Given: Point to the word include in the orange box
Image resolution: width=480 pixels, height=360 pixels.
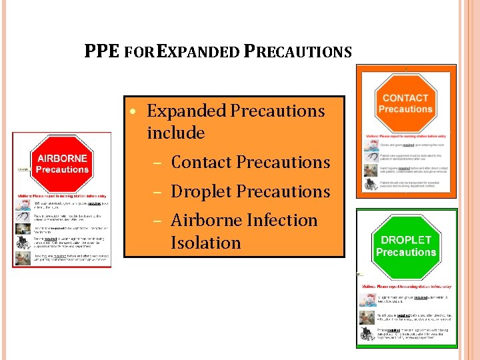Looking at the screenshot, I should (x=175, y=133).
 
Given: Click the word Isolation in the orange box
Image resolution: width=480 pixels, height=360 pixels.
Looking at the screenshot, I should (x=205, y=243).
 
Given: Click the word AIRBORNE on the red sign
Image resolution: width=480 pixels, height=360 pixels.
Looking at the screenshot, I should (x=62, y=159).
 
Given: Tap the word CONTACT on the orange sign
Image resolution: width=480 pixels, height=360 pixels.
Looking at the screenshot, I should (x=405, y=98).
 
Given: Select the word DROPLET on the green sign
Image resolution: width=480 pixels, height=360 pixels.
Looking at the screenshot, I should (x=406, y=240).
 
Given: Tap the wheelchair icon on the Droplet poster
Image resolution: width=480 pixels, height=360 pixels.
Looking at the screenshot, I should (x=368, y=333).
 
